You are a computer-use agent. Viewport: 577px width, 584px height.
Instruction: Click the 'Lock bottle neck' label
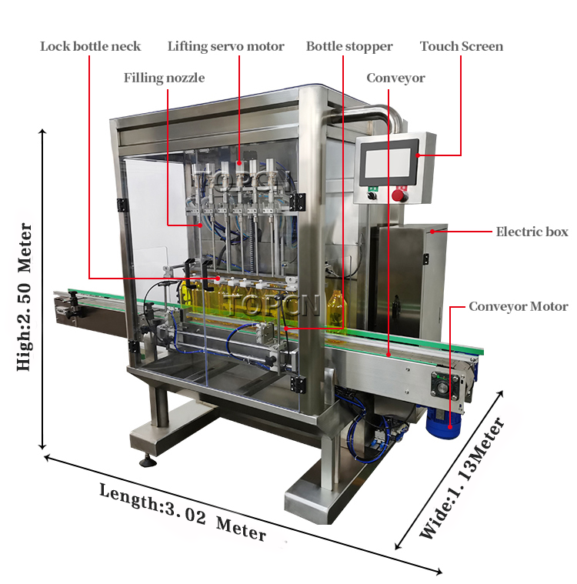point(91,46)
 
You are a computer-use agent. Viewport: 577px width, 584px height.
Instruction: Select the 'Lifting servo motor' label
point(225,46)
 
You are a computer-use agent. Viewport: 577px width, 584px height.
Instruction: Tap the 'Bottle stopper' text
point(349,46)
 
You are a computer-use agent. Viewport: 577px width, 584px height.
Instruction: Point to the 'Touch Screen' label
point(462,46)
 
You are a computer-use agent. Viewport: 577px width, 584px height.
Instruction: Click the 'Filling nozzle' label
point(165,78)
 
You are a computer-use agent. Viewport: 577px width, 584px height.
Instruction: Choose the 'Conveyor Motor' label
point(519,306)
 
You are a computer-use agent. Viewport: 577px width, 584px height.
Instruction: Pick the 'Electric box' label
point(532,232)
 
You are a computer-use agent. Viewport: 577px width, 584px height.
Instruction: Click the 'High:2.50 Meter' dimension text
point(24,296)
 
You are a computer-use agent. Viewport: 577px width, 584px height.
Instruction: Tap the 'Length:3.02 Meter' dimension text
point(183,512)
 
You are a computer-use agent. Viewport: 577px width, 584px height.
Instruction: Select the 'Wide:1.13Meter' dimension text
point(462,478)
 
